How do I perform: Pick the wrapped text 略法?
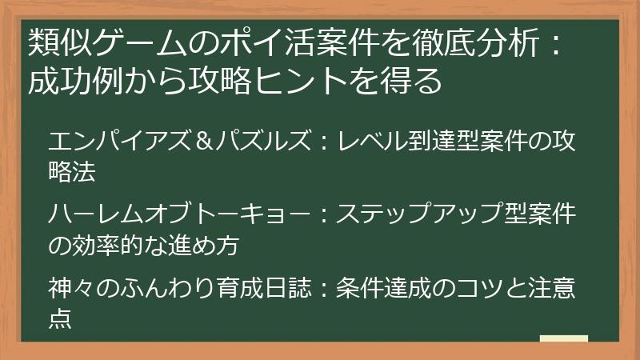(x=73, y=170)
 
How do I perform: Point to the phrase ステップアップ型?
(x=425, y=214)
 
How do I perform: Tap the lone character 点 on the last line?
(x=61, y=316)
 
